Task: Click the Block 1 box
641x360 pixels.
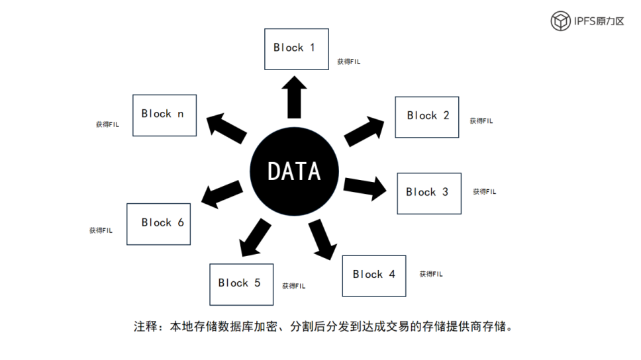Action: [296, 49]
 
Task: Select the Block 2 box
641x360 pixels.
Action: [426, 117]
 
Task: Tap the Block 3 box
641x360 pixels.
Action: [428, 193]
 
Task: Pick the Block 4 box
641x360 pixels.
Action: [373, 275]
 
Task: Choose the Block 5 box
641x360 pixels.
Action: [241, 284]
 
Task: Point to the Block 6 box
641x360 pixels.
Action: [158, 224]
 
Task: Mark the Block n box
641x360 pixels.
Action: [164, 115]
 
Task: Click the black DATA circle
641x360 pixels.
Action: [294, 171]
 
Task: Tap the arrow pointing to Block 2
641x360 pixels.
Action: [364, 130]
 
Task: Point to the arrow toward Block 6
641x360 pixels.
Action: [222, 193]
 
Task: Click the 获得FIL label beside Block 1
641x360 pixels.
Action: [348, 62]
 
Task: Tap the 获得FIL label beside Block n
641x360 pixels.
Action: [107, 124]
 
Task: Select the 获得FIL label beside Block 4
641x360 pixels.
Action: [431, 274]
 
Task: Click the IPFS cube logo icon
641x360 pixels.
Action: [561, 21]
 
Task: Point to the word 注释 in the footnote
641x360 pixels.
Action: [144, 326]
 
